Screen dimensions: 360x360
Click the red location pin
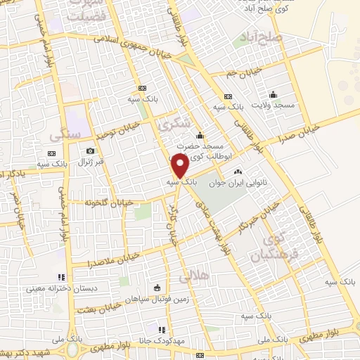pos(180,166)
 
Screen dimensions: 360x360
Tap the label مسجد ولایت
pos(274,105)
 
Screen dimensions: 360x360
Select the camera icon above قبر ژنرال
pos(90,150)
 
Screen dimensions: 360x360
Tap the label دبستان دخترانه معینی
pos(56,288)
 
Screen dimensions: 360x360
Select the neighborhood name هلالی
pos(194,277)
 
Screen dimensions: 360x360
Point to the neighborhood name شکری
pos(176,125)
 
